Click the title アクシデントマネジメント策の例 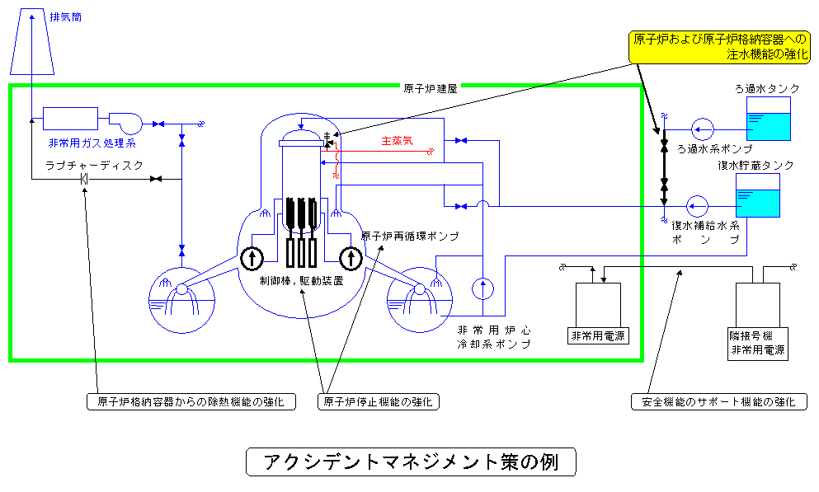[x=409, y=462]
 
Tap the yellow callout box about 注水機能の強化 [x=720, y=48]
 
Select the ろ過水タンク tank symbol [x=767, y=119]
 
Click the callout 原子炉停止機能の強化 [x=379, y=402]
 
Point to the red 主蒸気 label [x=397, y=140]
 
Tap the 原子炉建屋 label [x=431, y=87]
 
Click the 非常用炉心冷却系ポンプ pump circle [x=482, y=288]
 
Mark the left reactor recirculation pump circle [x=252, y=259]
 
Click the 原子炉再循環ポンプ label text [x=409, y=236]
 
